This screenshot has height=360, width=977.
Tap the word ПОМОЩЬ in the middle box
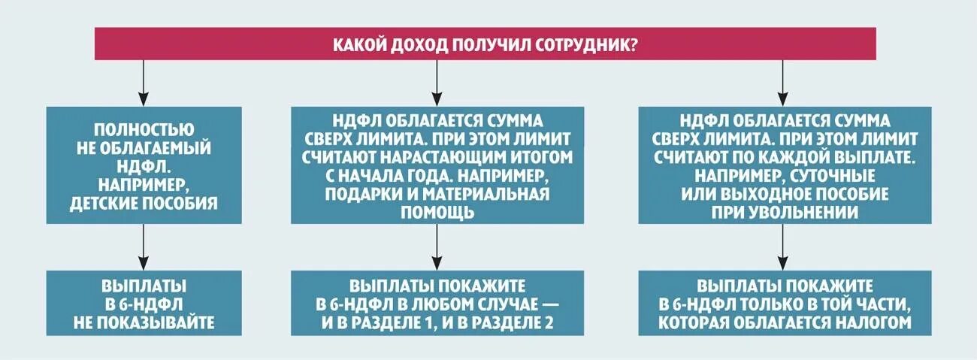(437, 212)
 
